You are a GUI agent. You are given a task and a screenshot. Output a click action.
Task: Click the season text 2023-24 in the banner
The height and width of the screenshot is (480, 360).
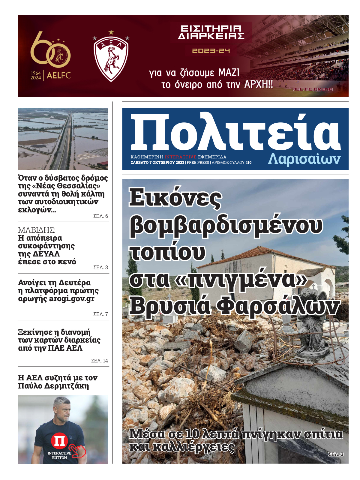211,51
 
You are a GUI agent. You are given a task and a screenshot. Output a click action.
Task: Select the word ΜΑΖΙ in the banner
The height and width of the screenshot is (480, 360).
229,73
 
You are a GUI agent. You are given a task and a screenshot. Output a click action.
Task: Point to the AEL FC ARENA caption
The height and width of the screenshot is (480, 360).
312,89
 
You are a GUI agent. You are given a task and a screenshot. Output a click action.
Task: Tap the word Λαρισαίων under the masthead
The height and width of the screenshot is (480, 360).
304,159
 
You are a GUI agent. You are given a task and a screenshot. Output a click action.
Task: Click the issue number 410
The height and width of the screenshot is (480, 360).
248,163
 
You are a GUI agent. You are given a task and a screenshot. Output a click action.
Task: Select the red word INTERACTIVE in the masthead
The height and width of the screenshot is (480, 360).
180,157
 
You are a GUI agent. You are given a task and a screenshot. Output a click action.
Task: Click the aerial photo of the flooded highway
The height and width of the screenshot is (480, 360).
63,139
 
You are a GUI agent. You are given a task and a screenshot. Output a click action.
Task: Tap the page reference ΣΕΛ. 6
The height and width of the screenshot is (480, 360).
100,216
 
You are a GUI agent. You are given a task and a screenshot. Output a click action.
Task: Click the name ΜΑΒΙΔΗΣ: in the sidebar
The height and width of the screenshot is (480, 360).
37,230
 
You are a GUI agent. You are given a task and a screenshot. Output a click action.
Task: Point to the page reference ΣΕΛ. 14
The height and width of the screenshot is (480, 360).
99,361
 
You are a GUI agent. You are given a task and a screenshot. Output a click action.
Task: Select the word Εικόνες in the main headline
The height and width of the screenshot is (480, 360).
175,198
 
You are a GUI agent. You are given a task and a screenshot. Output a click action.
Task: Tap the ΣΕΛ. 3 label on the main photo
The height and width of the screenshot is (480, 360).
336,454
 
